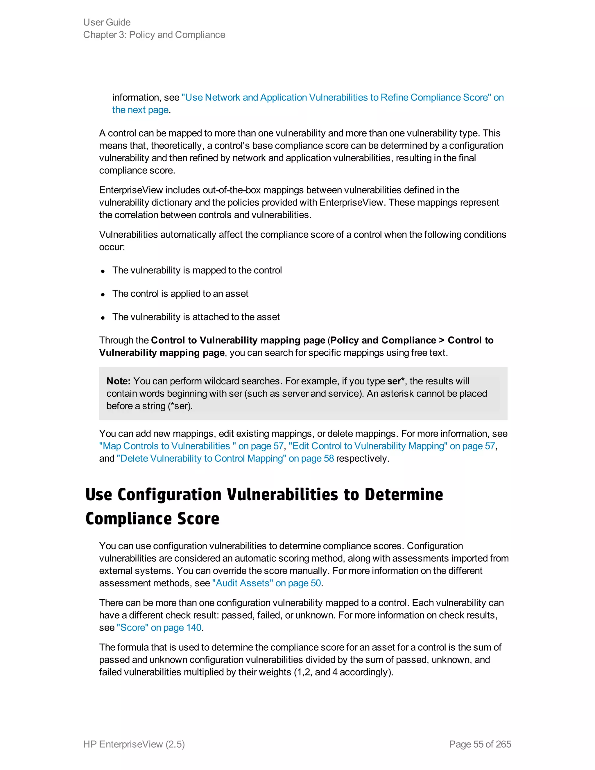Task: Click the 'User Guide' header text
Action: click(107, 22)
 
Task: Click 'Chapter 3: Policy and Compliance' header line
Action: click(154, 35)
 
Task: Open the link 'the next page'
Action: click(140, 110)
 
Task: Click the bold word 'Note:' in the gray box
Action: click(119, 381)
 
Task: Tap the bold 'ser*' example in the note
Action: click(395, 381)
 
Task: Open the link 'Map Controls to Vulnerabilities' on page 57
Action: click(191, 446)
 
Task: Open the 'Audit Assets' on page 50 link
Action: click(266, 583)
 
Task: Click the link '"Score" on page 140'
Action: click(159, 628)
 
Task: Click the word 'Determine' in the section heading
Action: click(404, 494)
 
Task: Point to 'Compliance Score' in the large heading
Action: click(152, 519)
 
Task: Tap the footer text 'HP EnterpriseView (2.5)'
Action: click(134, 744)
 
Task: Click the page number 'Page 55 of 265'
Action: click(480, 744)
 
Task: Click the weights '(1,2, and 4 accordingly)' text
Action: click(343, 672)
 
